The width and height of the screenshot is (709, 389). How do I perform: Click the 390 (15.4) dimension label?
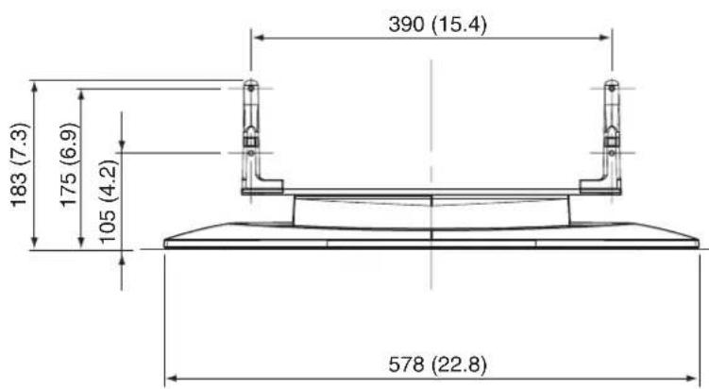coord(437,24)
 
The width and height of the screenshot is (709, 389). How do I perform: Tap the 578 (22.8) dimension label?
coord(437,364)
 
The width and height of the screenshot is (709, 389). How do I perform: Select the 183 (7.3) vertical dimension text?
coord(20,165)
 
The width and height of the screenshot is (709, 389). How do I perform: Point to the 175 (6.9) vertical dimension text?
coord(69,165)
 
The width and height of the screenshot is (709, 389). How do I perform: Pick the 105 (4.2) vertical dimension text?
coord(108,202)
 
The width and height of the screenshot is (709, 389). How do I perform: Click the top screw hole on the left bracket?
coord(251,88)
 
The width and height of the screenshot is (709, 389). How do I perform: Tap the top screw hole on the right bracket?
coord(612,88)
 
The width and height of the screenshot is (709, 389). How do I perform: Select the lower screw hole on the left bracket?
coord(251,153)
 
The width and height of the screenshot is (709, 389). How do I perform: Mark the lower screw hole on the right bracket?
coord(612,153)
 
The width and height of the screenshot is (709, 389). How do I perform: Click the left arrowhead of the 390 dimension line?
coord(258,38)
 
